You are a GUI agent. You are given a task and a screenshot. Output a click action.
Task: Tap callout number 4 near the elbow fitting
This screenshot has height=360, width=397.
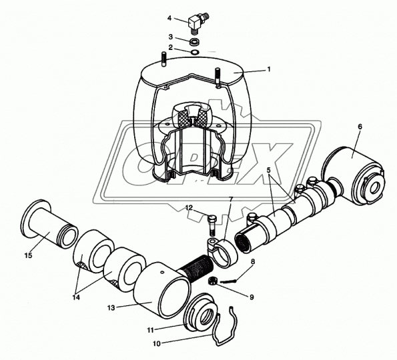coord(169,18)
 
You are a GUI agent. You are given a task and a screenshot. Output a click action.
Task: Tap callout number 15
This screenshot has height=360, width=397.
coord(27,255)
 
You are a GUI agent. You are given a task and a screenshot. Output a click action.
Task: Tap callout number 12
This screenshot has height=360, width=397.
coord(189,208)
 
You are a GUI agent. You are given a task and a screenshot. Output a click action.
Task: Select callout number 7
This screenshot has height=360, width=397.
coord(231,199)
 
